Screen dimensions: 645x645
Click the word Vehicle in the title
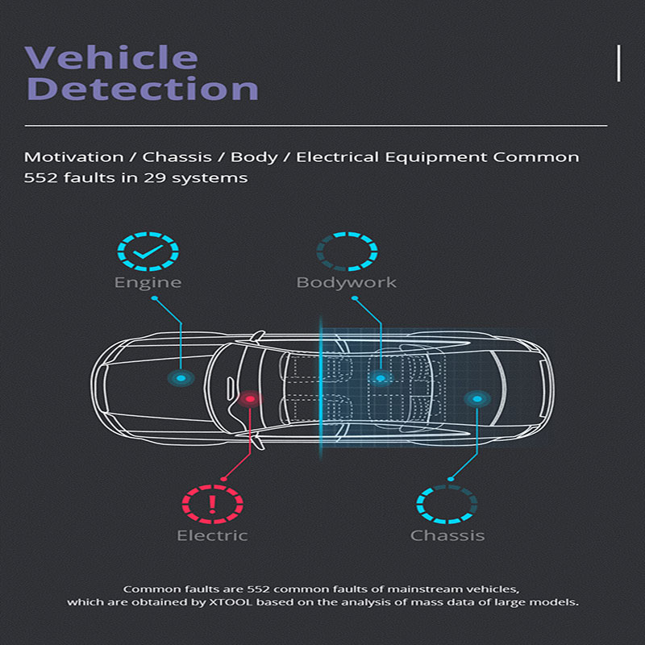click(111, 58)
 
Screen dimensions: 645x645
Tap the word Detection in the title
click(141, 89)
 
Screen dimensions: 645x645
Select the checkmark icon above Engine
click(147, 252)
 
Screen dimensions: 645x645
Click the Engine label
click(148, 283)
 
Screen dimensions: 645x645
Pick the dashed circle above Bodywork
click(347, 252)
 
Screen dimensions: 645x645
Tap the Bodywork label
click(347, 283)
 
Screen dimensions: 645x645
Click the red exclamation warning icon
click(212, 505)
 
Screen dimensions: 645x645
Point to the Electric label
click(212, 535)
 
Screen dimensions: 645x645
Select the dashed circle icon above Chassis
click(447, 505)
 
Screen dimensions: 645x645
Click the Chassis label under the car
click(447, 535)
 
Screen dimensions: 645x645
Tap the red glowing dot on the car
click(250, 398)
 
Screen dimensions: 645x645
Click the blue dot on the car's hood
click(181, 377)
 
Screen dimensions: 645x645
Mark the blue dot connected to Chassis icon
click(477, 398)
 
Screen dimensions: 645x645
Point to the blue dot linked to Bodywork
click(381, 377)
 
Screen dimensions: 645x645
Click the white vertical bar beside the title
click(618, 64)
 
